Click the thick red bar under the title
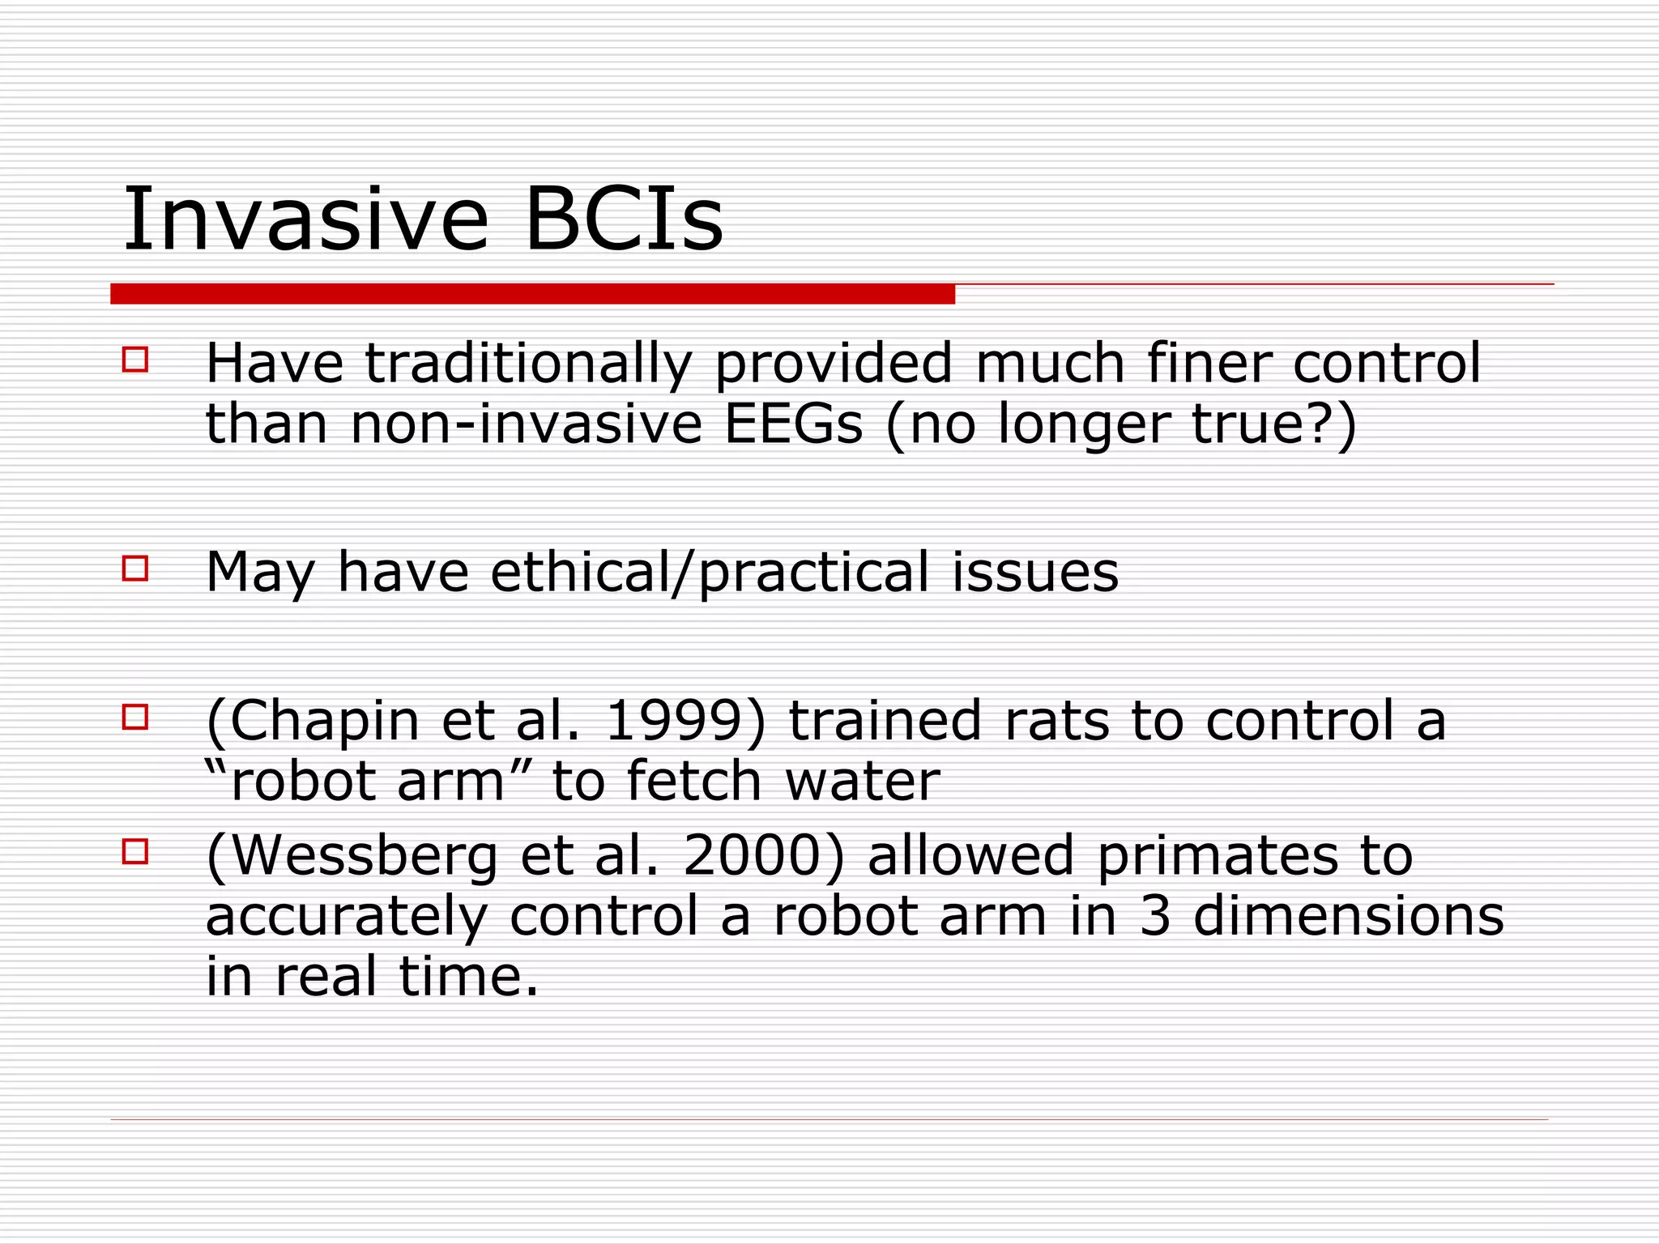[532, 293]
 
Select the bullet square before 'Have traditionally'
[135, 359]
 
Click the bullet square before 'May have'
[135, 568]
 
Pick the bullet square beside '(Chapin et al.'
[135, 717]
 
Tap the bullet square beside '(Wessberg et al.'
[135, 851]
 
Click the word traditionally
[528, 364]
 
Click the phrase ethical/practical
[710, 573]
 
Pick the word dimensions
[1348, 916]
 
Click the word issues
[1034, 572]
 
